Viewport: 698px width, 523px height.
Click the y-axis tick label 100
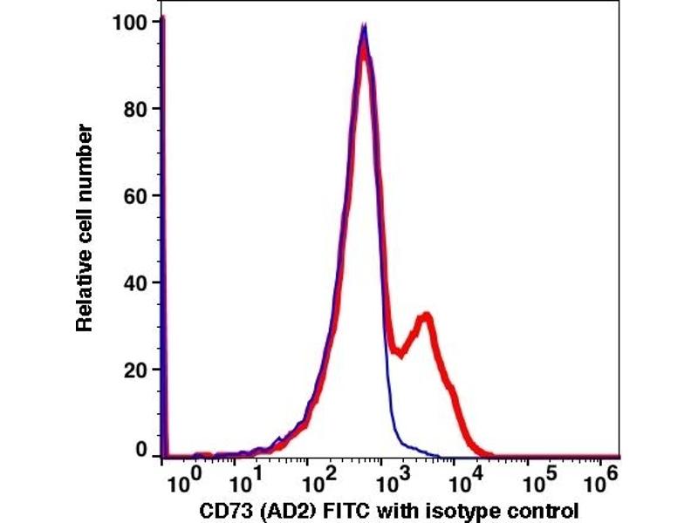(x=130, y=21)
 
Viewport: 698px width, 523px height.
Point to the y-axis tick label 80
(x=135, y=109)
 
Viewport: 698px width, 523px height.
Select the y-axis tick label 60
(x=135, y=195)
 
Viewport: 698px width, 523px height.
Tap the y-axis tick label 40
(x=135, y=282)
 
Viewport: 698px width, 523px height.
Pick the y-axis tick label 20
(x=135, y=370)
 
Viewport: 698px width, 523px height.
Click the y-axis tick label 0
(x=141, y=451)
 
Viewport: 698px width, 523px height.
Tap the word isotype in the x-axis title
(x=454, y=509)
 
